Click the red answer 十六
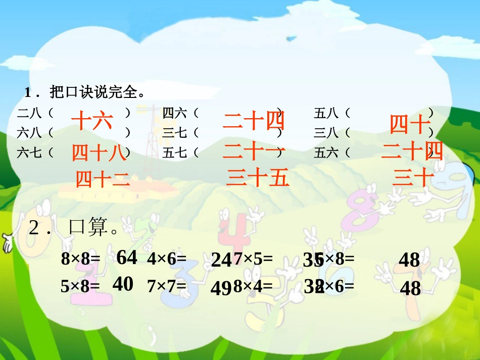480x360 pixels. pos(91,121)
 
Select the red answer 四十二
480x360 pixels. pos(103,179)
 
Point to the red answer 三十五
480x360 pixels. pos(258,178)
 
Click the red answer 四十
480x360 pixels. pos(410,124)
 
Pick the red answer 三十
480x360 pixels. pos(413,178)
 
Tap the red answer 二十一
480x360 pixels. pos(254,150)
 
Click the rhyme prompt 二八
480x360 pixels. pos(29,113)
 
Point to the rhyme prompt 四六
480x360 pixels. pos(175,113)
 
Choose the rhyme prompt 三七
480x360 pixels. pos(175,133)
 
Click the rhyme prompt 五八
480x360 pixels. pos(326,113)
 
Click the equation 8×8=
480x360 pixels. pos(80,260)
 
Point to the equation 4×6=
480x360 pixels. pos(167,259)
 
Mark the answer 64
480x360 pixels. pos(127,258)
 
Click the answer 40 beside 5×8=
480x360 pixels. pos(123,284)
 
